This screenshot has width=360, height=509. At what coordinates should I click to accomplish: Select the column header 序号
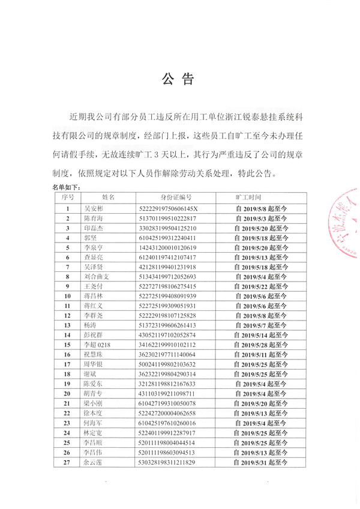click(x=68, y=196)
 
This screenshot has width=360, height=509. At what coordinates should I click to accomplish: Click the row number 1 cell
click(x=68, y=208)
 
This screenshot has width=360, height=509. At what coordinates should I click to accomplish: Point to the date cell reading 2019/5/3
click(x=262, y=218)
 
